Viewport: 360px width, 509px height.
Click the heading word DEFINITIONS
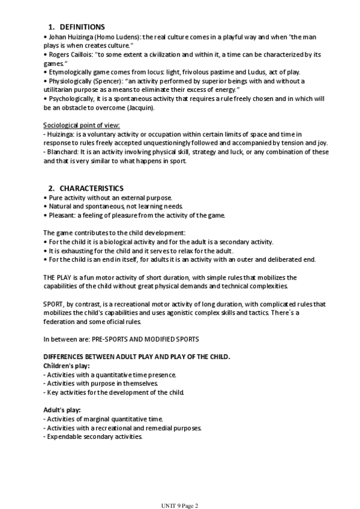click(x=82, y=27)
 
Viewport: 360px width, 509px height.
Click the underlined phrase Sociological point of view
click(x=81, y=125)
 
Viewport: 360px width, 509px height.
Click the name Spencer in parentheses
click(x=105, y=81)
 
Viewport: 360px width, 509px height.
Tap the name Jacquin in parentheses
click(x=140, y=107)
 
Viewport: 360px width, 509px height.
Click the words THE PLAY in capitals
click(x=58, y=277)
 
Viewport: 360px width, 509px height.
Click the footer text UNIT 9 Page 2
click(x=180, y=505)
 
